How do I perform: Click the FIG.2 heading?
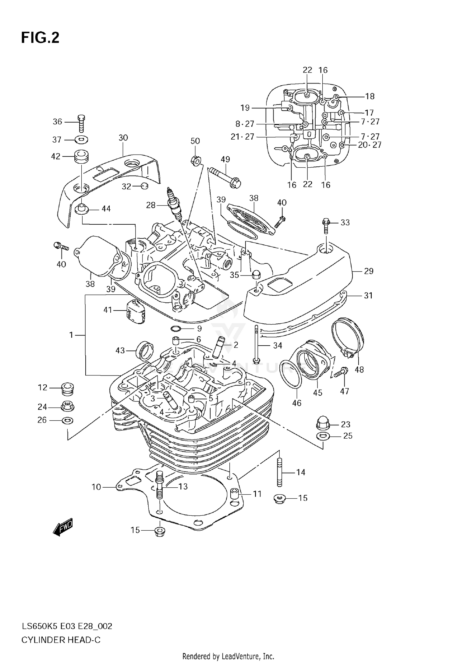coord(40,38)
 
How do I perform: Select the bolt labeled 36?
coord(81,123)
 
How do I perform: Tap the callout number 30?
coord(123,138)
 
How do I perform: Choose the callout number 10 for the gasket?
coord(96,487)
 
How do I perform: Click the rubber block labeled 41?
coord(136,311)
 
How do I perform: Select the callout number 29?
coord(369,271)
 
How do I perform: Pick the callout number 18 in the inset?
coord(370,96)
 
